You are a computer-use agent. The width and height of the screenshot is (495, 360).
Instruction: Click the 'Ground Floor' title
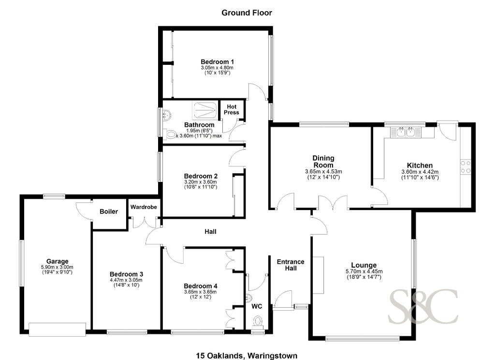coord(247,13)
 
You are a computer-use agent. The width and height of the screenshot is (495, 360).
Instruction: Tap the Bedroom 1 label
coord(217,61)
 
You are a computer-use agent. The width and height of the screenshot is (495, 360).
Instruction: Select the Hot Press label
coord(232,109)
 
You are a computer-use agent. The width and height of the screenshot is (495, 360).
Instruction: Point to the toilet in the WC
coord(258,321)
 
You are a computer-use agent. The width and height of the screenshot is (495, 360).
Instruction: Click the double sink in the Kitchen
coord(406,132)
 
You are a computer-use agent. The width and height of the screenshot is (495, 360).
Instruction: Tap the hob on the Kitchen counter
coord(466,167)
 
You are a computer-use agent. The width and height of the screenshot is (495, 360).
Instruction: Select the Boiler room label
coord(109,211)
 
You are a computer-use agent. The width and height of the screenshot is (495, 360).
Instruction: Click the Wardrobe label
coord(144,207)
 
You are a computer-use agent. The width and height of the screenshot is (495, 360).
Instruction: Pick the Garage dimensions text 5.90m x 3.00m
coord(57,267)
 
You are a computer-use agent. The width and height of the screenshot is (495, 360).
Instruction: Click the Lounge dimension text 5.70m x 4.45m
coord(364,271)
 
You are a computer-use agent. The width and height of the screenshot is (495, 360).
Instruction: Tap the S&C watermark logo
coord(423,307)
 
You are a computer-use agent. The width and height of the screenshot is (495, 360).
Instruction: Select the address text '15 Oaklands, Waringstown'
coord(247,356)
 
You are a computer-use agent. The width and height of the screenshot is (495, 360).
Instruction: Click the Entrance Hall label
coord(291,265)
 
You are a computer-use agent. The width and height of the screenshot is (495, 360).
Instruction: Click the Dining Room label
coord(323,161)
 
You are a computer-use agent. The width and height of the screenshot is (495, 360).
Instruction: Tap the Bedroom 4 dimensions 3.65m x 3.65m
coord(201,292)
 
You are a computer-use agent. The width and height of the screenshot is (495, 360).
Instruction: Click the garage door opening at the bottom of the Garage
coord(57,329)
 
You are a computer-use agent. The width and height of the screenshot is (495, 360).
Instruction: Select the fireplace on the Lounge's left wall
coord(318,275)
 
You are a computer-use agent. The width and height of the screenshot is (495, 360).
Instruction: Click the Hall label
coord(210,232)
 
